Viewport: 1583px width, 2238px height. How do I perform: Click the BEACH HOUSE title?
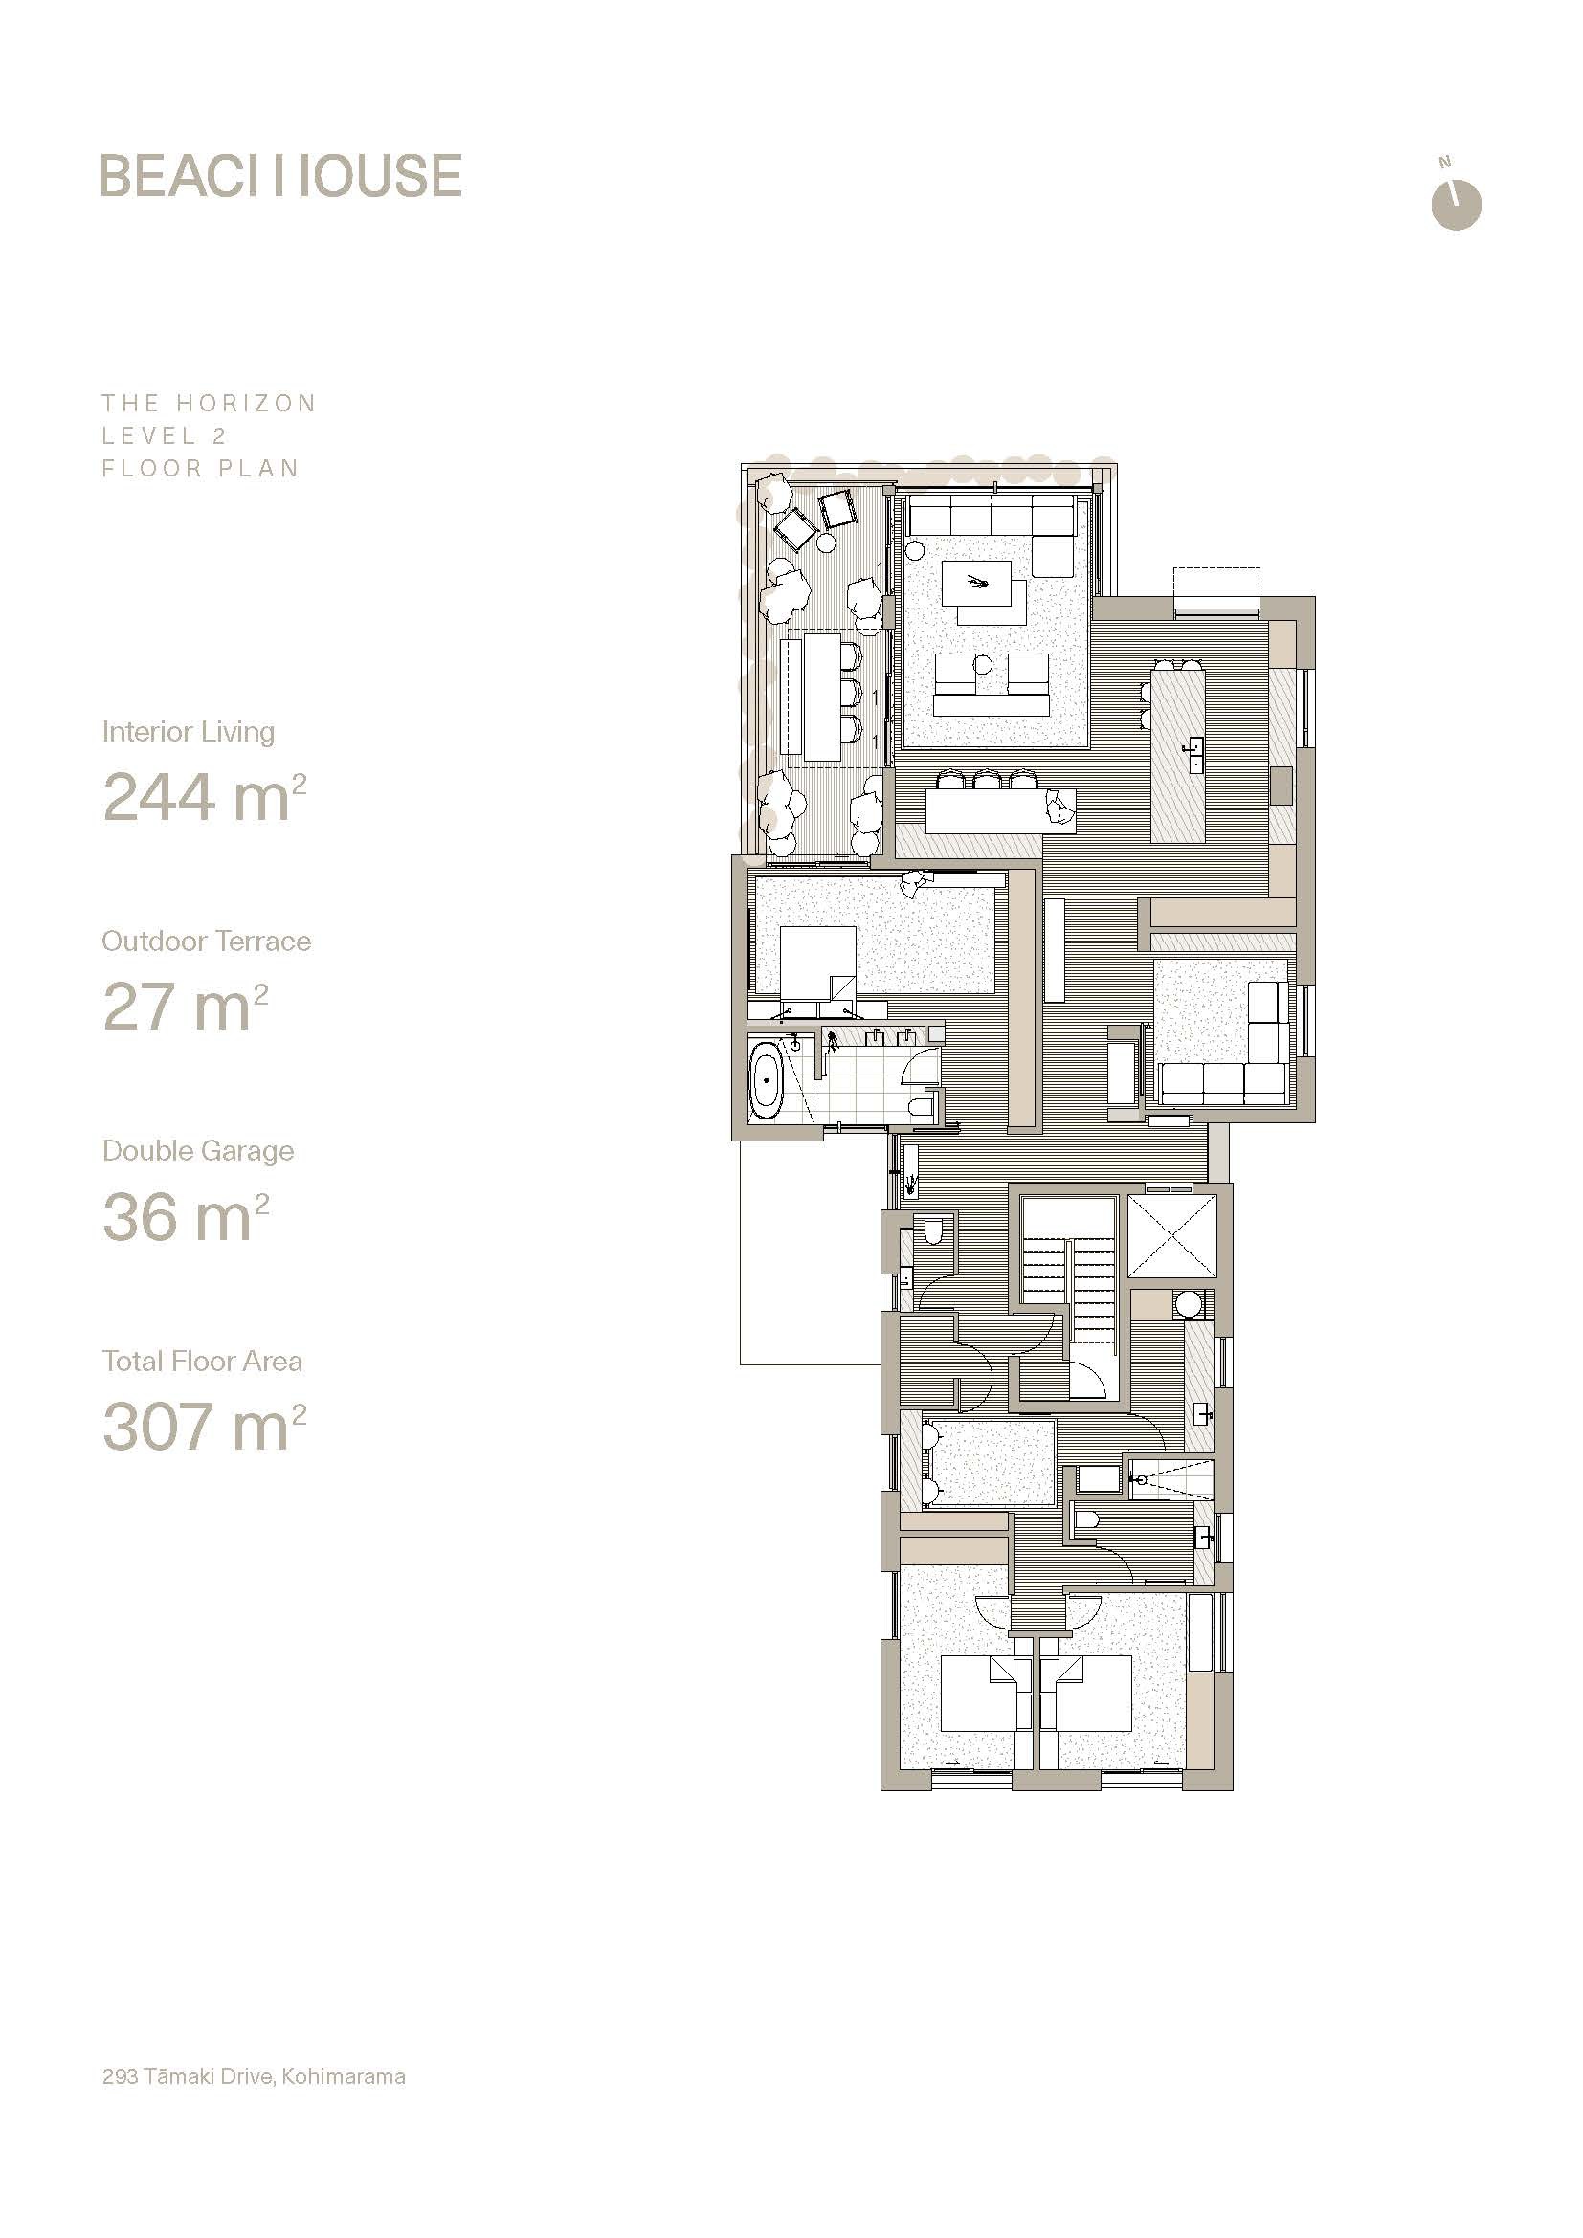coord(280,175)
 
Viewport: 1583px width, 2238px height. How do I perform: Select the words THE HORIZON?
coord(209,404)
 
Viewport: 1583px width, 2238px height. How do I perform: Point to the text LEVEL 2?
coord(164,435)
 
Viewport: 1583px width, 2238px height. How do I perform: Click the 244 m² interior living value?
coord(205,796)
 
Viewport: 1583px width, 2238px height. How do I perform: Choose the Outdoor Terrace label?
coord(207,941)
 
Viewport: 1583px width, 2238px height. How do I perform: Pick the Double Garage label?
coord(198,1151)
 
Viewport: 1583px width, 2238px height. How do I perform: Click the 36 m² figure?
coord(186,1216)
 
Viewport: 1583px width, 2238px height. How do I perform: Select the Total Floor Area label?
coord(202,1361)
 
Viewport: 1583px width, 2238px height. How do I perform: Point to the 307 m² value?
coord(205,1426)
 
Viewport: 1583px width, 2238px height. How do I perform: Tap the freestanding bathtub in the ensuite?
coord(768,1080)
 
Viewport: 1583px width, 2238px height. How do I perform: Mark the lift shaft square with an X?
coord(1172,1236)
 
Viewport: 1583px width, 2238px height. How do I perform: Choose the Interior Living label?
coord(189,732)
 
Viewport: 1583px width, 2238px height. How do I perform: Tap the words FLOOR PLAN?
coord(200,468)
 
